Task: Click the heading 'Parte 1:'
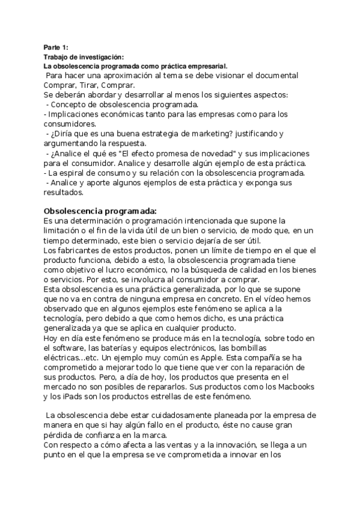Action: point(56,48)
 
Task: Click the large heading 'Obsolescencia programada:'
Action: point(100,210)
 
